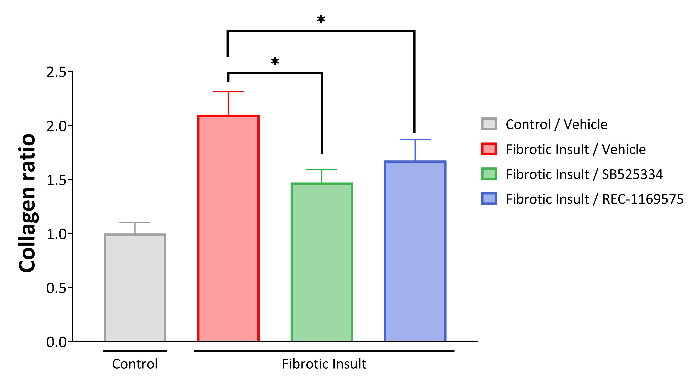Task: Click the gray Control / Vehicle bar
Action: [x=135, y=287]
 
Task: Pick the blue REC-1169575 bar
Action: [x=415, y=251]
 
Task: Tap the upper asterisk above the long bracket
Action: [x=321, y=20]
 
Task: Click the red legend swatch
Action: [x=489, y=149]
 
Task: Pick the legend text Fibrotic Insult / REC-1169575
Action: [x=594, y=199]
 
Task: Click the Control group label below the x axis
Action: [x=135, y=364]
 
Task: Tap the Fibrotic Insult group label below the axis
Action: [x=324, y=364]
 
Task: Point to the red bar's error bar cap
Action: [x=228, y=92]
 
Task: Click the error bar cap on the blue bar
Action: [x=415, y=140]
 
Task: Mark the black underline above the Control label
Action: [x=135, y=351]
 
